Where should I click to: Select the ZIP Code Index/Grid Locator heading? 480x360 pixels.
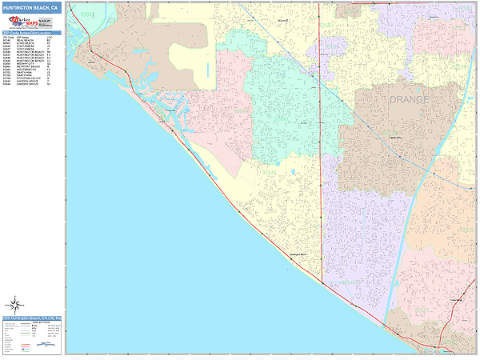pyautogui.click(x=30, y=33)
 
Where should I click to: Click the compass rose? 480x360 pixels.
pyautogui.click(x=14, y=305)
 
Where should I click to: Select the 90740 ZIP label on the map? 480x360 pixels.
pyautogui.click(x=86, y=14)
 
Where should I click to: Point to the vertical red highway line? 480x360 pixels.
pyautogui.click(x=320, y=160)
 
